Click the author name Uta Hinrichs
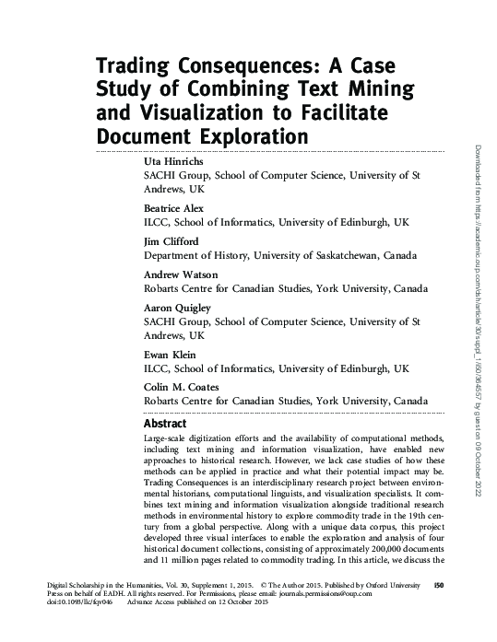(x=172, y=161)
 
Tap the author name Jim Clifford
(x=171, y=242)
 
